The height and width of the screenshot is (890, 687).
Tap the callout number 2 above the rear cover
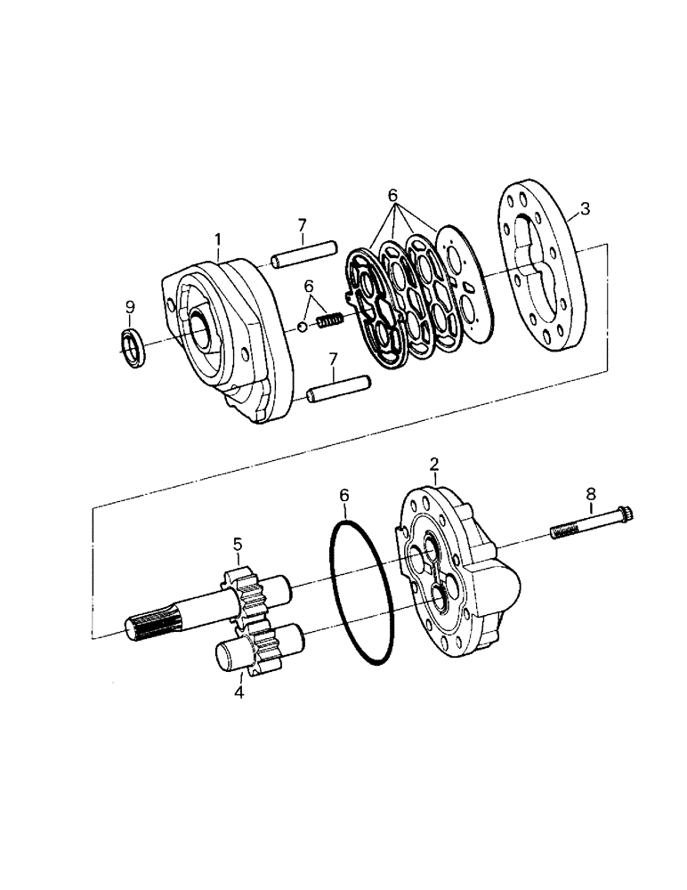tap(433, 464)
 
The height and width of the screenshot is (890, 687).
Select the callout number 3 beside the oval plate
tap(584, 209)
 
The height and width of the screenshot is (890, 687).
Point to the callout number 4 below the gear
tap(239, 692)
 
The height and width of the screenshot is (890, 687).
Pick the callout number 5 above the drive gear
tap(238, 543)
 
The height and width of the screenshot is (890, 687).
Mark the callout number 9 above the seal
tap(130, 307)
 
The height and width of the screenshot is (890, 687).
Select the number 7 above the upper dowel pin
tap(302, 225)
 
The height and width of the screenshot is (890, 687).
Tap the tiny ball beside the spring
tap(303, 328)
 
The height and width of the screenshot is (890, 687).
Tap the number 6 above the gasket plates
tap(391, 196)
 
